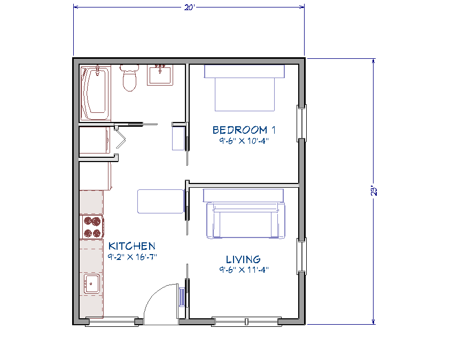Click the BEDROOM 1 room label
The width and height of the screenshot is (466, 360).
point(239,129)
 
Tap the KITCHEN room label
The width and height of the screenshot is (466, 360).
point(132,246)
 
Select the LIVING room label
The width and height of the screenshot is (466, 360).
point(243,259)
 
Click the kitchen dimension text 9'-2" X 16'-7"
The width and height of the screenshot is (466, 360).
point(132,257)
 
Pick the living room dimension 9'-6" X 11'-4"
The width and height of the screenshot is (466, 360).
point(243,270)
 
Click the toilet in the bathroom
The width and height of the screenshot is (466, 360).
point(129,78)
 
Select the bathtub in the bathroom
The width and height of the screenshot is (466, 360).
point(95,94)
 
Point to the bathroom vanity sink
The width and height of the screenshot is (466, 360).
point(160,74)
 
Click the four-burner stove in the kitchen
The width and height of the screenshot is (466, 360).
point(91,227)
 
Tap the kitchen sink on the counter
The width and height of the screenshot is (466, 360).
point(91,284)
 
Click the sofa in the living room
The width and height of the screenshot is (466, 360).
point(245,219)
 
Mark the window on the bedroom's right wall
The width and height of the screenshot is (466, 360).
point(302,122)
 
